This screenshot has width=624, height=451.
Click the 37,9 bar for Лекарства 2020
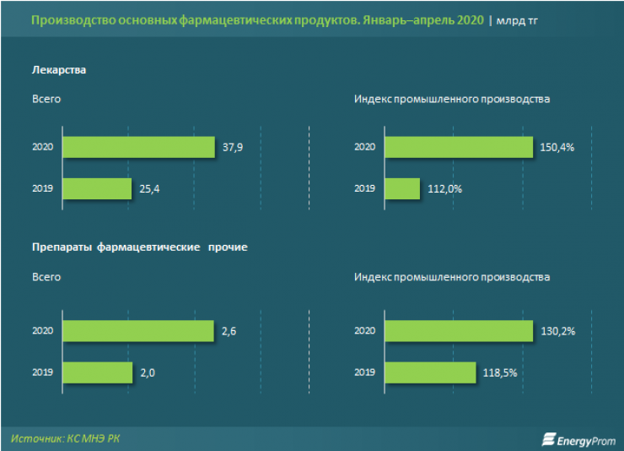coord(138,147)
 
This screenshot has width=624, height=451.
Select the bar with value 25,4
coord(97,188)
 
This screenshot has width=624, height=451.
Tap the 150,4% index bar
coord(459,147)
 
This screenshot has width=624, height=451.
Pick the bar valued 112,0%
coord(402,188)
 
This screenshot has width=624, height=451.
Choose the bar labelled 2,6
coord(138,331)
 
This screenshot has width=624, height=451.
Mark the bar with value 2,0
coord(97,372)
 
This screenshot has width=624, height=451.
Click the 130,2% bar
coord(459,331)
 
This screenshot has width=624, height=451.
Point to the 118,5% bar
coord(430,372)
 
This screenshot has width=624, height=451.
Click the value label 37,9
coord(233,147)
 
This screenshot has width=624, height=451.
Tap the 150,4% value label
coord(557,147)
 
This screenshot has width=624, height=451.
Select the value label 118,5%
coord(499,372)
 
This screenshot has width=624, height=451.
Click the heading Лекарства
coord(59,70)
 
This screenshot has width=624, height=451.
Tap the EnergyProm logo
coord(578,439)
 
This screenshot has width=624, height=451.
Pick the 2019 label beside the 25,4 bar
coord(43,188)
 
